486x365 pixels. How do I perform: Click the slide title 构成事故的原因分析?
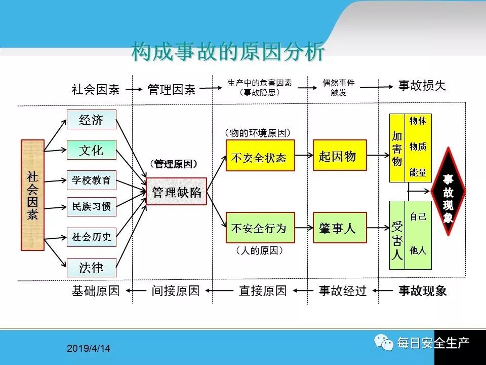coord(228,52)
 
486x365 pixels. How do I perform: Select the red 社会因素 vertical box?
coord(32,195)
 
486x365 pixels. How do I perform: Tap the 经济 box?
coord(92,120)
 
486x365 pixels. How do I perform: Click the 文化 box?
coord(92,150)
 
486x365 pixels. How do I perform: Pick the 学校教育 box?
coord(92,179)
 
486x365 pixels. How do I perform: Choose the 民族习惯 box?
coord(92,207)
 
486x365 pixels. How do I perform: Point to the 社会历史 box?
coord(92,237)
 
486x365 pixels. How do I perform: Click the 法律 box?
coord(92,267)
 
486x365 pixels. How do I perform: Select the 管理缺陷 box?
coord(177,192)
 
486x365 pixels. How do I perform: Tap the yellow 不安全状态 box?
coord(260,157)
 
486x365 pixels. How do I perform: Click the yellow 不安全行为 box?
coord(260,228)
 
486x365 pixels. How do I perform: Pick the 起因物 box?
coord(339,157)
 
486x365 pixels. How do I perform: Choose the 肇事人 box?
coord(339,228)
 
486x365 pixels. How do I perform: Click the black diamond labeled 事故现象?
coord(448,192)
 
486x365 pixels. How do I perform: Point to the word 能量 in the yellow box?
coord(418,173)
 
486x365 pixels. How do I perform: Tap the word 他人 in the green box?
coord(418,250)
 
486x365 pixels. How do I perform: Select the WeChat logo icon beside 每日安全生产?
coord(385,343)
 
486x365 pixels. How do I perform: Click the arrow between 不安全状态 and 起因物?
coord(304,156)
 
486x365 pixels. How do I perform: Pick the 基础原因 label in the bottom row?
coord(96,290)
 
